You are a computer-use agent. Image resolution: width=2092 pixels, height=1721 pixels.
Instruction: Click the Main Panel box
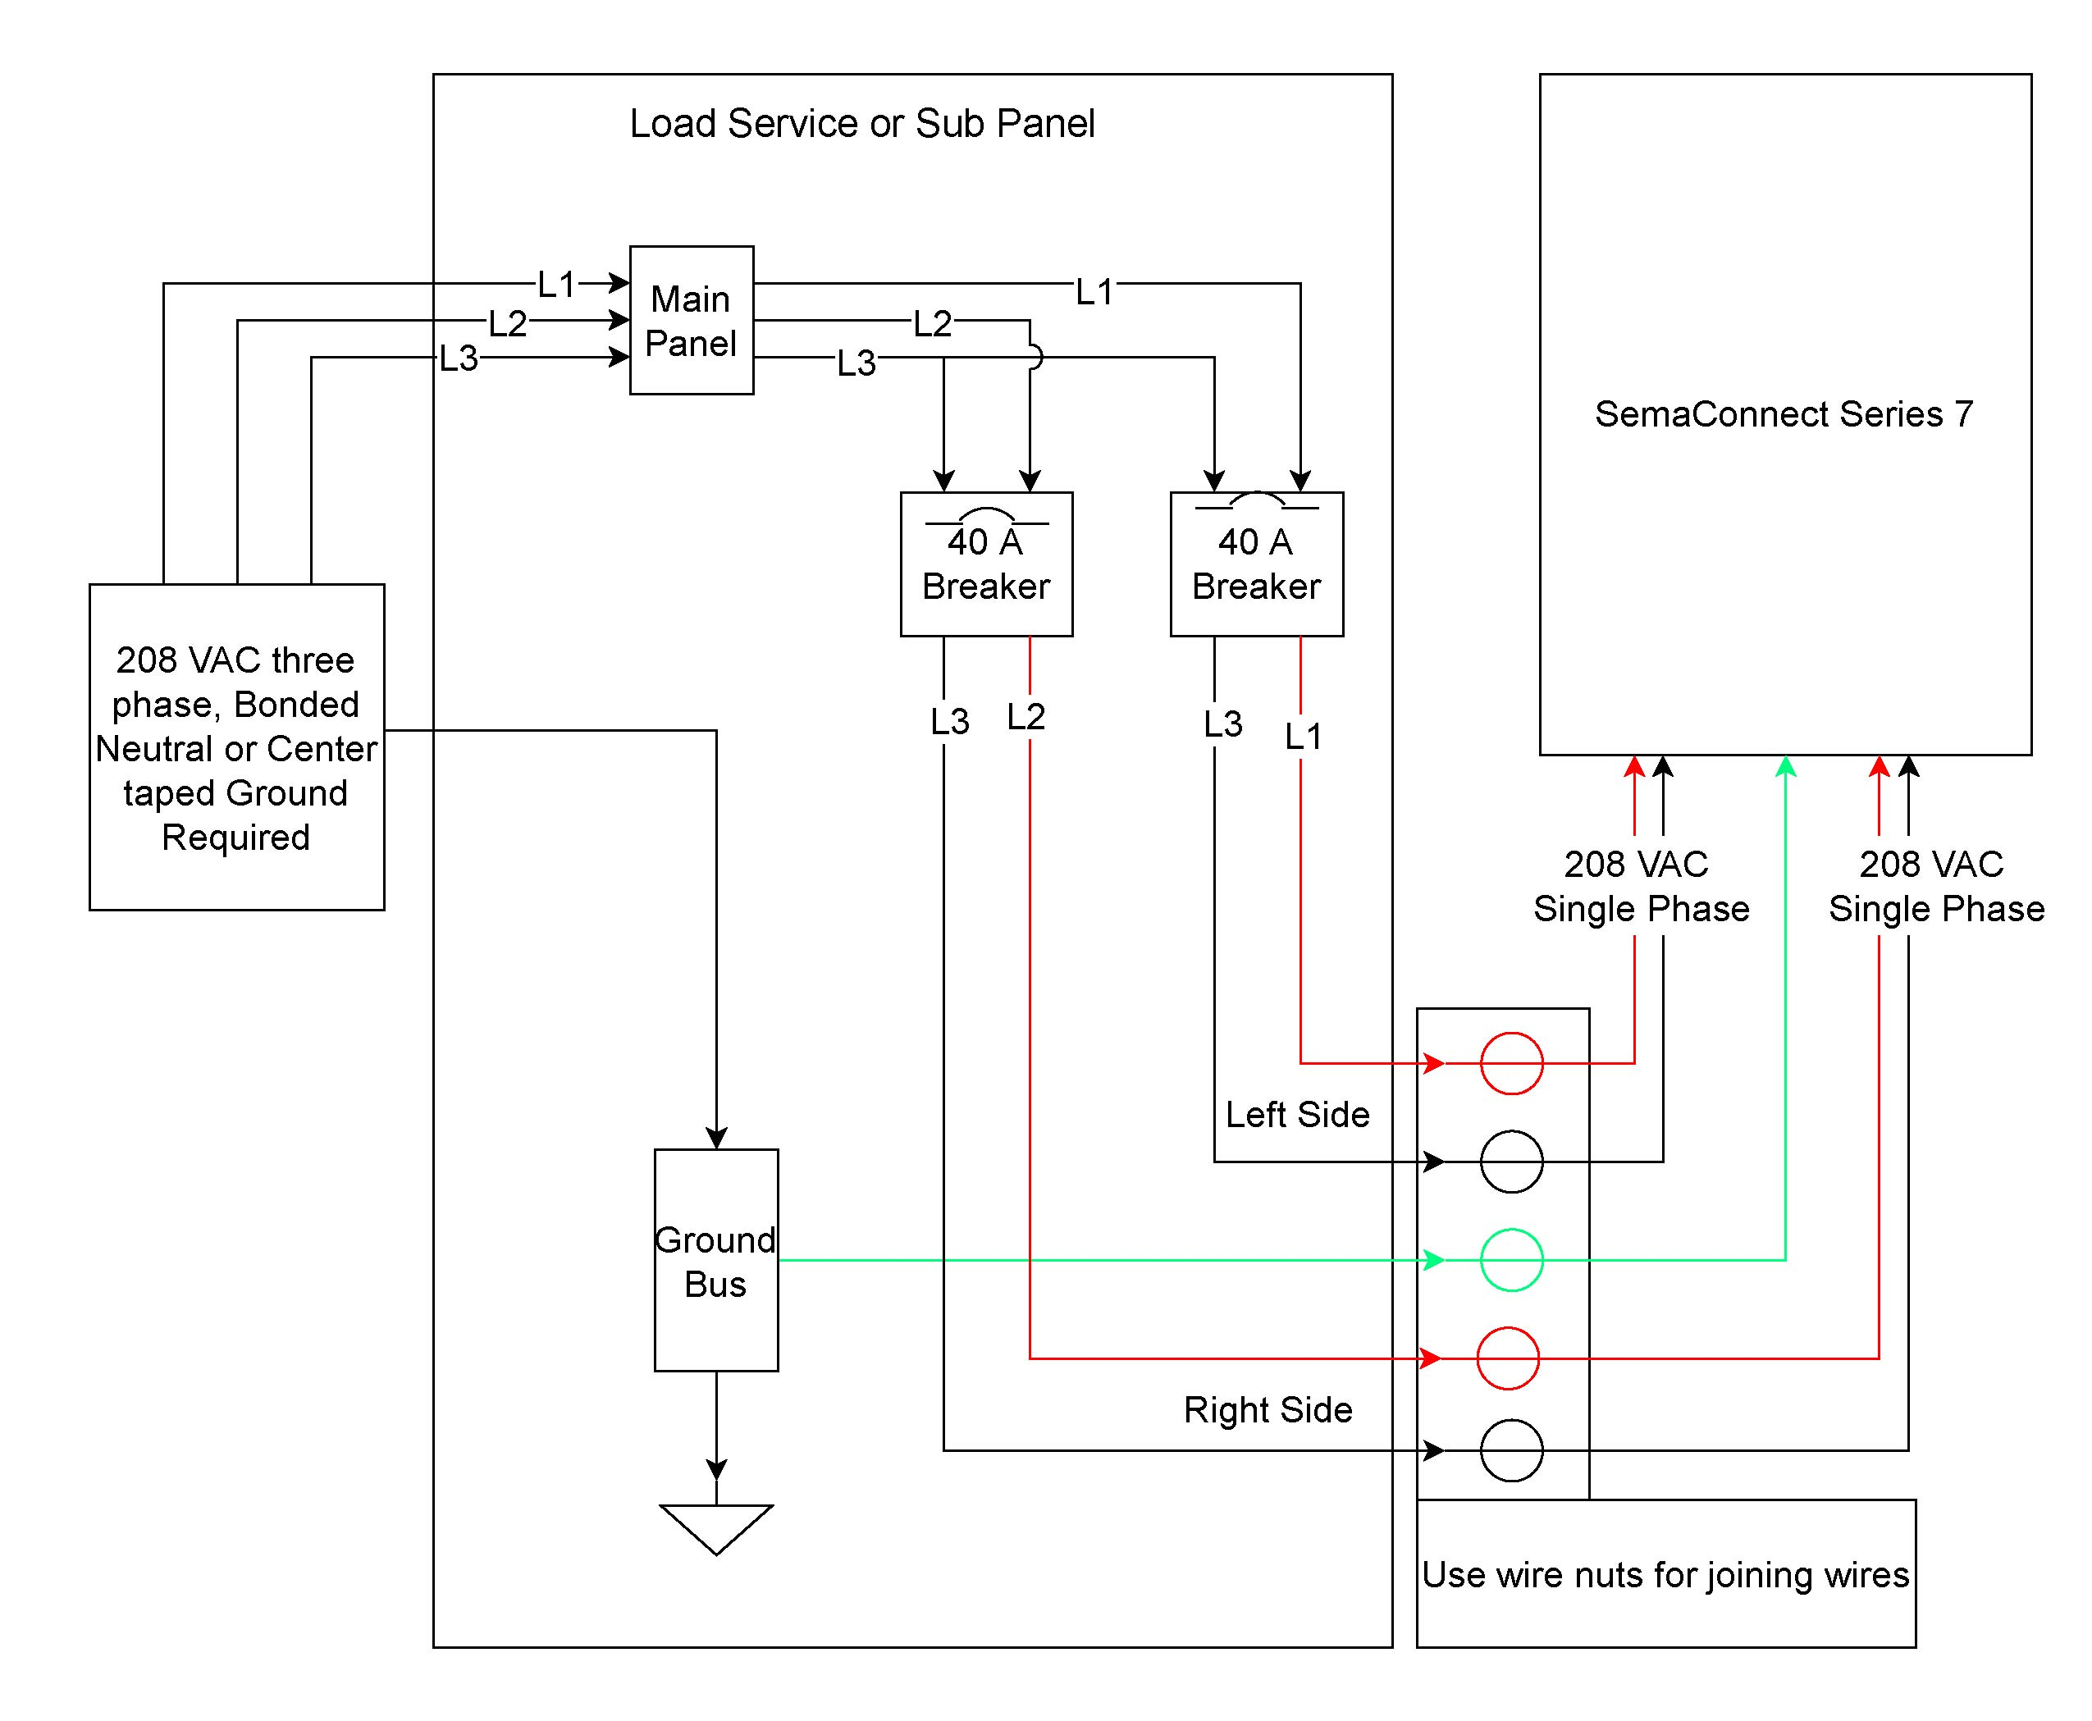point(691,320)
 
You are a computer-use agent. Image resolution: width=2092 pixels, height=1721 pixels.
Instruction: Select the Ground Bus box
point(716,1260)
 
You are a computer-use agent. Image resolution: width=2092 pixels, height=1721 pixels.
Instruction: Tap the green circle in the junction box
point(1511,1259)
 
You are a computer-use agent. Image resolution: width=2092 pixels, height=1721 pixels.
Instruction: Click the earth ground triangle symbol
point(716,1527)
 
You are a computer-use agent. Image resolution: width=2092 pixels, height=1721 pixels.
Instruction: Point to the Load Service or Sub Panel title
point(861,123)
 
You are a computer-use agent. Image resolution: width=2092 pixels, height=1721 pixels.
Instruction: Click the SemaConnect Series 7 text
point(1784,413)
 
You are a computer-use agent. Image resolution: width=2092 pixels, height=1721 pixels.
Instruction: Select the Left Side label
point(1297,1114)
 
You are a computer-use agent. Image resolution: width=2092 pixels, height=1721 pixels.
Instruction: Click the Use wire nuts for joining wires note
point(1665,1574)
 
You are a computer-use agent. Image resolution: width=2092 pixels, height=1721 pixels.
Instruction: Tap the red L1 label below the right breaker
point(1303,737)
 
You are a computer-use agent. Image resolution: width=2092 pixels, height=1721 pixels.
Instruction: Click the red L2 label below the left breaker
point(1025,717)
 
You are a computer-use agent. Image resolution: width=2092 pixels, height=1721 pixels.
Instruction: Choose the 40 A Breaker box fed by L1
point(1256,564)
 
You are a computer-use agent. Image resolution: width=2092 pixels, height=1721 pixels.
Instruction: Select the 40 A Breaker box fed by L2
point(985,564)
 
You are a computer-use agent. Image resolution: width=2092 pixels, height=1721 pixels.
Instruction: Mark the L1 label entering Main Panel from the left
point(556,285)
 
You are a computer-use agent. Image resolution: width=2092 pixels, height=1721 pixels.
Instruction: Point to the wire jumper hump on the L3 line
point(1034,357)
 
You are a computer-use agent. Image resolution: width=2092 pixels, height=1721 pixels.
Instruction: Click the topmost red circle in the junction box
point(1511,1063)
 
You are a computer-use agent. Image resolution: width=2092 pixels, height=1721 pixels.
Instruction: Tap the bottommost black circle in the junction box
point(1511,1450)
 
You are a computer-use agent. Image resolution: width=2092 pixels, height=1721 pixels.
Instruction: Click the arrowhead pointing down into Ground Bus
point(716,1137)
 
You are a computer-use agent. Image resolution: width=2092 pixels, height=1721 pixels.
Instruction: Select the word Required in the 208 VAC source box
point(236,838)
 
